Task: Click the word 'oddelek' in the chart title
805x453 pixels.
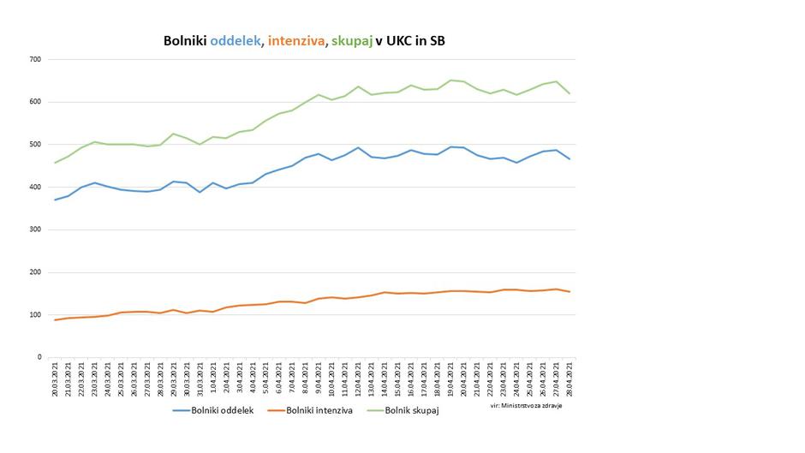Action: coord(236,40)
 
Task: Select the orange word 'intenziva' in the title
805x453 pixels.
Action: coord(296,40)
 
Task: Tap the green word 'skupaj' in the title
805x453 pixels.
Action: coord(351,40)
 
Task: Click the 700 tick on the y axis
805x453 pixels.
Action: coord(35,60)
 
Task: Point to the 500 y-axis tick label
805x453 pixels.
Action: coord(35,145)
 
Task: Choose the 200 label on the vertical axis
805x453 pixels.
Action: coord(35,272)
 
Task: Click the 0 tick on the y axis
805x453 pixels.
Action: coord(39,357)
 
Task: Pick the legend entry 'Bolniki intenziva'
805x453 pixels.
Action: coord(316,411)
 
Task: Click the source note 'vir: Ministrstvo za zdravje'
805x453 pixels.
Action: coord(526,405)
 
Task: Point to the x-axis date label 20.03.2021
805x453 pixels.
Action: coord(56,378)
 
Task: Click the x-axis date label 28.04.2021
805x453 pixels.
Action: coord(569,378)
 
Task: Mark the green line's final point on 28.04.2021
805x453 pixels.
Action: coord(569,93)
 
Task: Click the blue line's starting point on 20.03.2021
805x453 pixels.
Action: coord(55,200)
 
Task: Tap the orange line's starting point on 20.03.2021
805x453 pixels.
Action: coord(55,320)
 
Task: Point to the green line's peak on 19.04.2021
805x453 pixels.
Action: coord(451,80)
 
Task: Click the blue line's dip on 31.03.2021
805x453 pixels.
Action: coord(200,192)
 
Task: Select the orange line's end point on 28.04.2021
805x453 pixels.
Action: coord(569,292)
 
